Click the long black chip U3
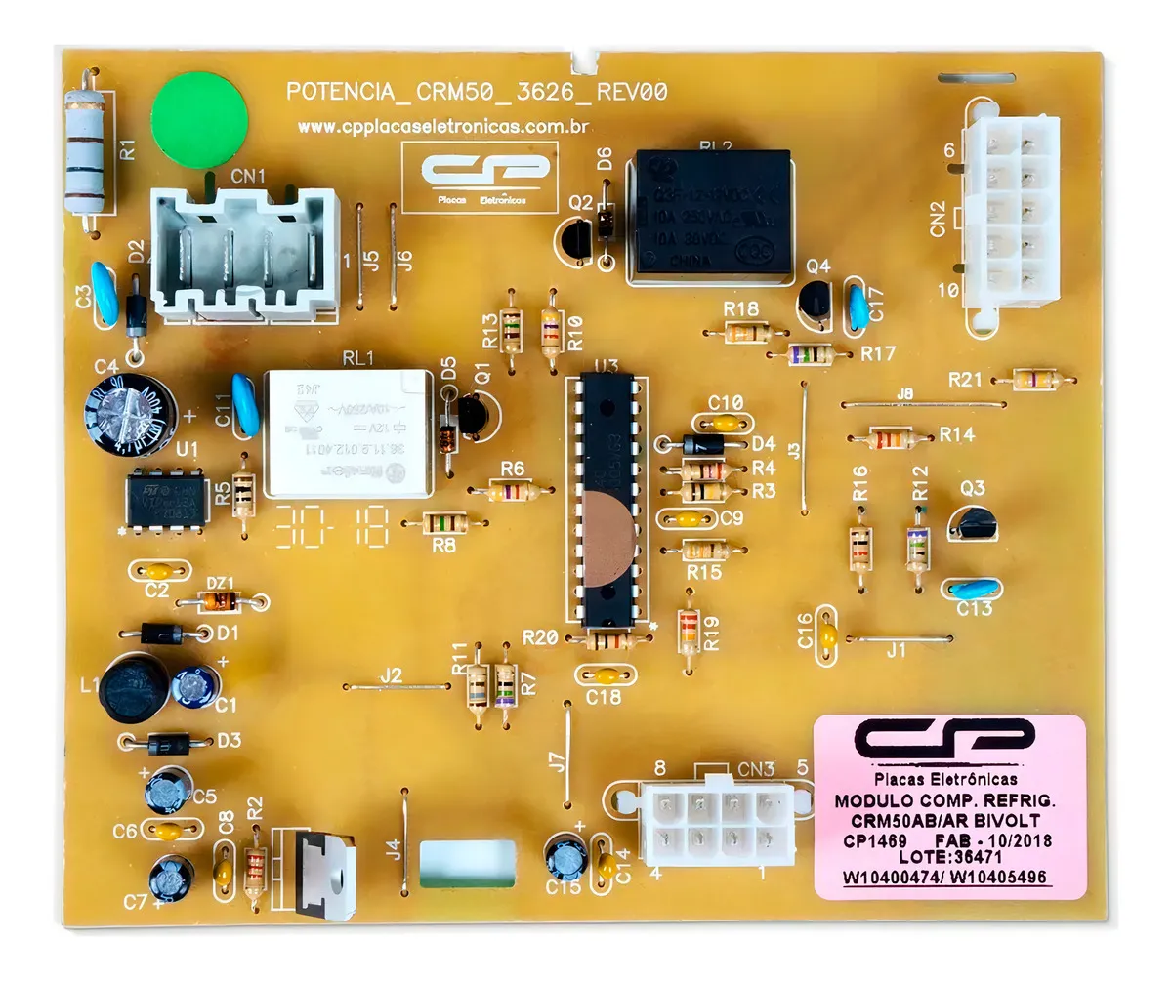click(x=611, y=501)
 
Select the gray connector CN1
click(x=244, y=254)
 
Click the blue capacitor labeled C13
click(x=970, y=589)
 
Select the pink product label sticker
click(x=950, y=805)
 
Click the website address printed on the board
click(x=440, y=127)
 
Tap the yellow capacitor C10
click(x=725, y=422)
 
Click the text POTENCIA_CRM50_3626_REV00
click(x=477, y=93)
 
